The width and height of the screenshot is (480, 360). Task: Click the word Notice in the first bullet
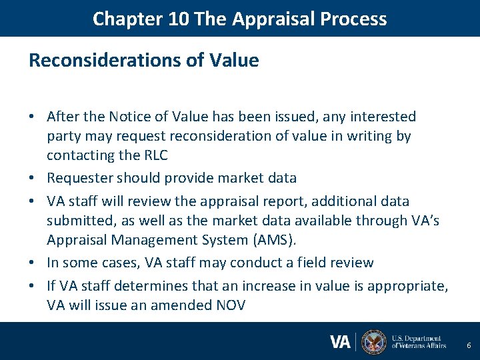(x=125, y=117)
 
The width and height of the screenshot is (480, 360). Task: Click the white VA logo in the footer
(x=340, y=342)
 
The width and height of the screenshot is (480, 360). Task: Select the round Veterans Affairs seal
(x=373, y=342)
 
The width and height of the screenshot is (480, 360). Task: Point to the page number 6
(x=469, y=345)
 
